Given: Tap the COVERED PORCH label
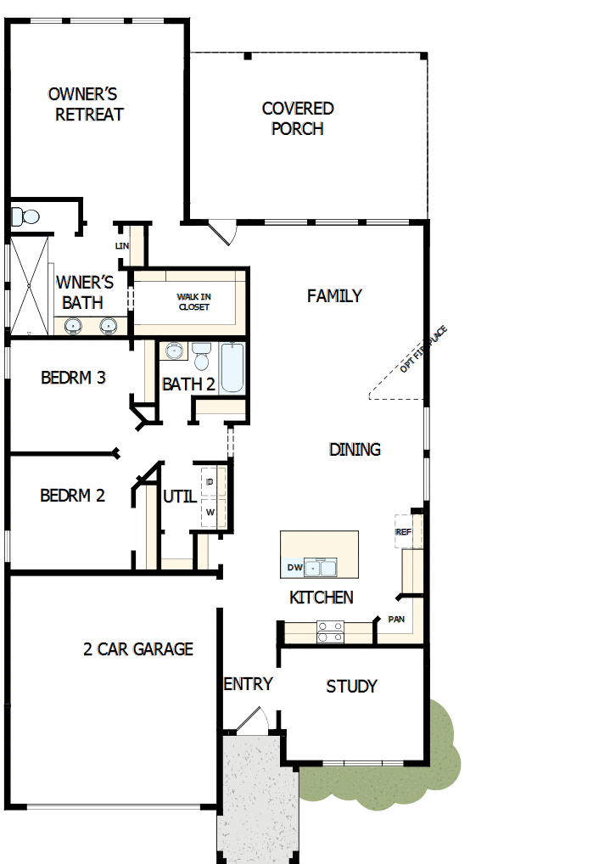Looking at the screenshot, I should click(298, 119).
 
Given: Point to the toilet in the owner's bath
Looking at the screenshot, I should click(25, 216).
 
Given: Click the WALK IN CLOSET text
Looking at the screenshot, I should click(193, 301).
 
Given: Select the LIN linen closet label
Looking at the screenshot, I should click(121, 246).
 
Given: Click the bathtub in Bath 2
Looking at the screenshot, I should click(232, 368).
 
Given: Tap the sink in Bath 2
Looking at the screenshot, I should click(175, 351).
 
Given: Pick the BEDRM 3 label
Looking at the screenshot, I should click(73, 378).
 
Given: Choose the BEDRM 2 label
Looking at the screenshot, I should click(72, 496).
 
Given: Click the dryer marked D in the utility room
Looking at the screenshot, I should click(210, 481).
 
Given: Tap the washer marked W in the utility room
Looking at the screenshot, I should click(210, 513).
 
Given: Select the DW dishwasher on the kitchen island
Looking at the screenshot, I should click(294, 567).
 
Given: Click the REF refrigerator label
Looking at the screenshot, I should click(403, 531).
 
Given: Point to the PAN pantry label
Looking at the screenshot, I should click(396, 620).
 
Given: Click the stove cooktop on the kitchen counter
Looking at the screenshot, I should click(329, 631).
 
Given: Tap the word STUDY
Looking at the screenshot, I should click(351, 687).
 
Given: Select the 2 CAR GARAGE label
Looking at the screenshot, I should click(138, 649).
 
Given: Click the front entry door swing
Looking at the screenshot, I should click(252, 721).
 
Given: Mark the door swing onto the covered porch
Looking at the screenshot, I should click(222, 232).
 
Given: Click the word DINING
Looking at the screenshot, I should click(355, 450).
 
